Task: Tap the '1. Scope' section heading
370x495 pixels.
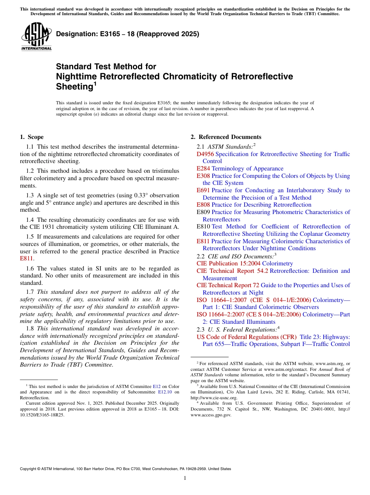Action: coord(32,137)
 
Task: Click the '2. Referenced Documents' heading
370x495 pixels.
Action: coord(226,137)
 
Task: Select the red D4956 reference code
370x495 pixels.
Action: coord(205,154)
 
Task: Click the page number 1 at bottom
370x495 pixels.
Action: coord(185,478)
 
